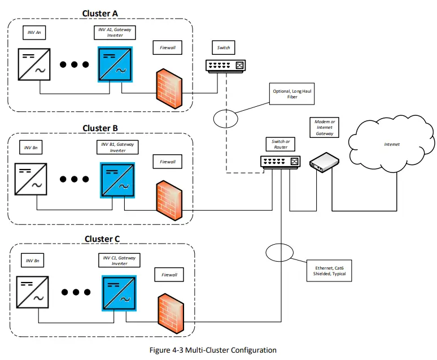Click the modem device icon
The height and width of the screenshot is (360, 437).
[324, 163]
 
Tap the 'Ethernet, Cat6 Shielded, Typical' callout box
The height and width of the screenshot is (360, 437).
[330, 270]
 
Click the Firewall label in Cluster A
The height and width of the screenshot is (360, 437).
[168, 47]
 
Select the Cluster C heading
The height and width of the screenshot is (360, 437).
[102, 239]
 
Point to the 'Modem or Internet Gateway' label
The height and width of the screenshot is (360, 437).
[325, 128]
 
